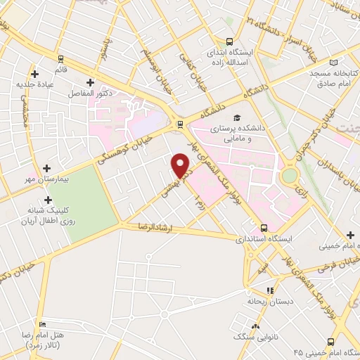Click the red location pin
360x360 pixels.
pos(181,165)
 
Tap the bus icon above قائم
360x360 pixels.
pos(60,59)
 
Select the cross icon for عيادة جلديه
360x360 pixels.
pos(34,73)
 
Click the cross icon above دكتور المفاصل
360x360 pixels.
pos(90,82)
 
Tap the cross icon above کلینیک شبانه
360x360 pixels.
pos(47,200)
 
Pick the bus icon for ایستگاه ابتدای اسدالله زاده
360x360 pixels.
pos(229,41)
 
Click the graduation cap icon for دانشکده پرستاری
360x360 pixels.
pos(237,117)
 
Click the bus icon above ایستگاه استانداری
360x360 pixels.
pos(264,228)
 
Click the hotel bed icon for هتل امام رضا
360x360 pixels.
pos(43,325)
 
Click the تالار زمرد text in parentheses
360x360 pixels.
pos(45,347)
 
